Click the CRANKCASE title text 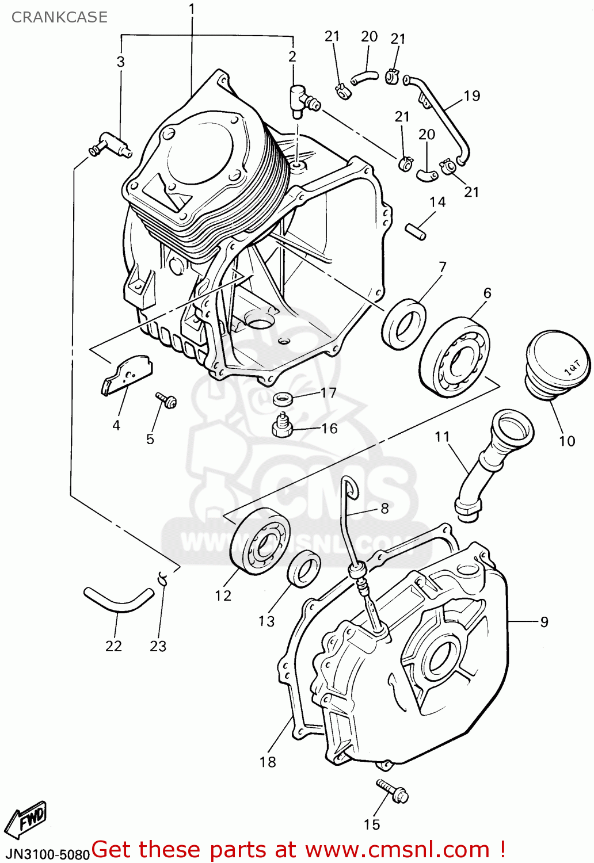point(59,17)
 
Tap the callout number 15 point(372,824)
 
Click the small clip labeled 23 point(163,578)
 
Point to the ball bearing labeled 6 point(455,357)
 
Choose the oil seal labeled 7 point(404,323)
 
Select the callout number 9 point(544,621)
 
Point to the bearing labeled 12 point(260,542)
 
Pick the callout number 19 point(472,96)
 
